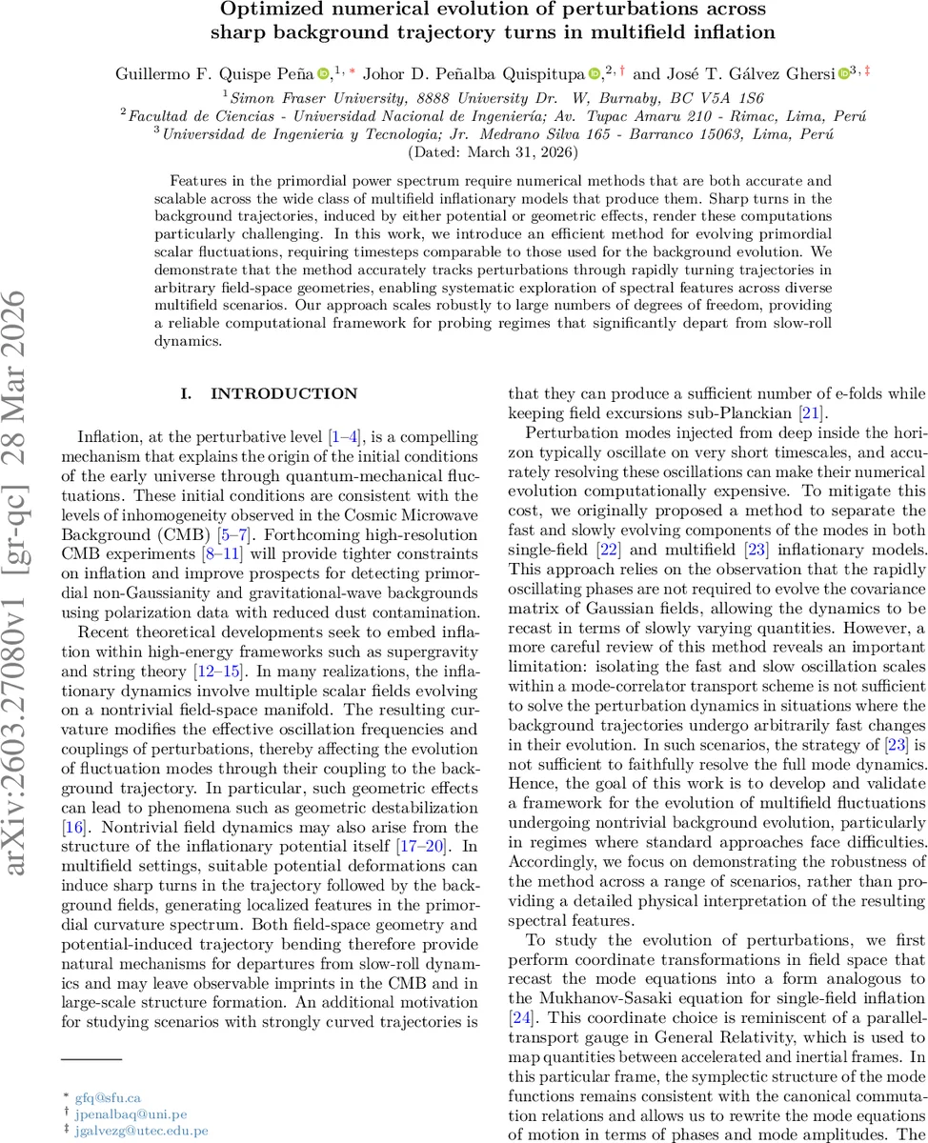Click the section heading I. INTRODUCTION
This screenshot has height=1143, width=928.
pos(270,393)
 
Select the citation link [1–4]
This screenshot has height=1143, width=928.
pos(344,437)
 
